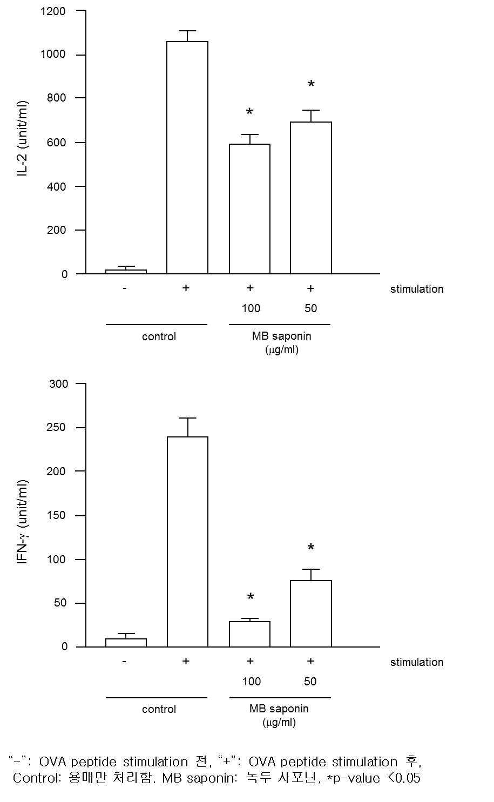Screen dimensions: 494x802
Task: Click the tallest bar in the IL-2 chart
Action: [187, 158]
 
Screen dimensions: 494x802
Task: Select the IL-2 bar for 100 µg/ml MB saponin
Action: [249, 208]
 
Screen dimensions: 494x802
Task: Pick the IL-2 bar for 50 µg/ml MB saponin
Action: [311, 198]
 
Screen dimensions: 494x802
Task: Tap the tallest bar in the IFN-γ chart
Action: [187, 542]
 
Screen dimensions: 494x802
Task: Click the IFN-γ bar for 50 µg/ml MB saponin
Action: [311, 614]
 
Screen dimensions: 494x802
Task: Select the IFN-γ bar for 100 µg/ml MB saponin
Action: [249, 634]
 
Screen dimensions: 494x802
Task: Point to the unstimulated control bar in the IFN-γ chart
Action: [126, 643]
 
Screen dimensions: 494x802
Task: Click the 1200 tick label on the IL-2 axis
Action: [53, 11]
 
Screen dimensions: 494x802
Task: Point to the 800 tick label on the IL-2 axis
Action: [56, 98]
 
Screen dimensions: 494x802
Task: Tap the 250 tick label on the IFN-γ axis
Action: [56, 427]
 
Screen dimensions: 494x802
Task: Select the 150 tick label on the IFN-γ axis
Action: [56, 515]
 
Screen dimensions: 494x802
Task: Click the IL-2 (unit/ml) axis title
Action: [22, 139]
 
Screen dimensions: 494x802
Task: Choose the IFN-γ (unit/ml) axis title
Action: [22, 522]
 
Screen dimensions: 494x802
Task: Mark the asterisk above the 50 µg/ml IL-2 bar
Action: [311, 84]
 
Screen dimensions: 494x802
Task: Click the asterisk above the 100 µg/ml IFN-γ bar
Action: [251, 596]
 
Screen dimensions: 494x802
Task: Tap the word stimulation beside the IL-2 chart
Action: [417, 289]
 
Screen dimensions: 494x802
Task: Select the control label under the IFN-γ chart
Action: [159, 709]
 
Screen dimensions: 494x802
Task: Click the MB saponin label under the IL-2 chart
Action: [282, 336]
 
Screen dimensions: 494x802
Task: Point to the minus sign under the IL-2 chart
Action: [125, 288]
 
